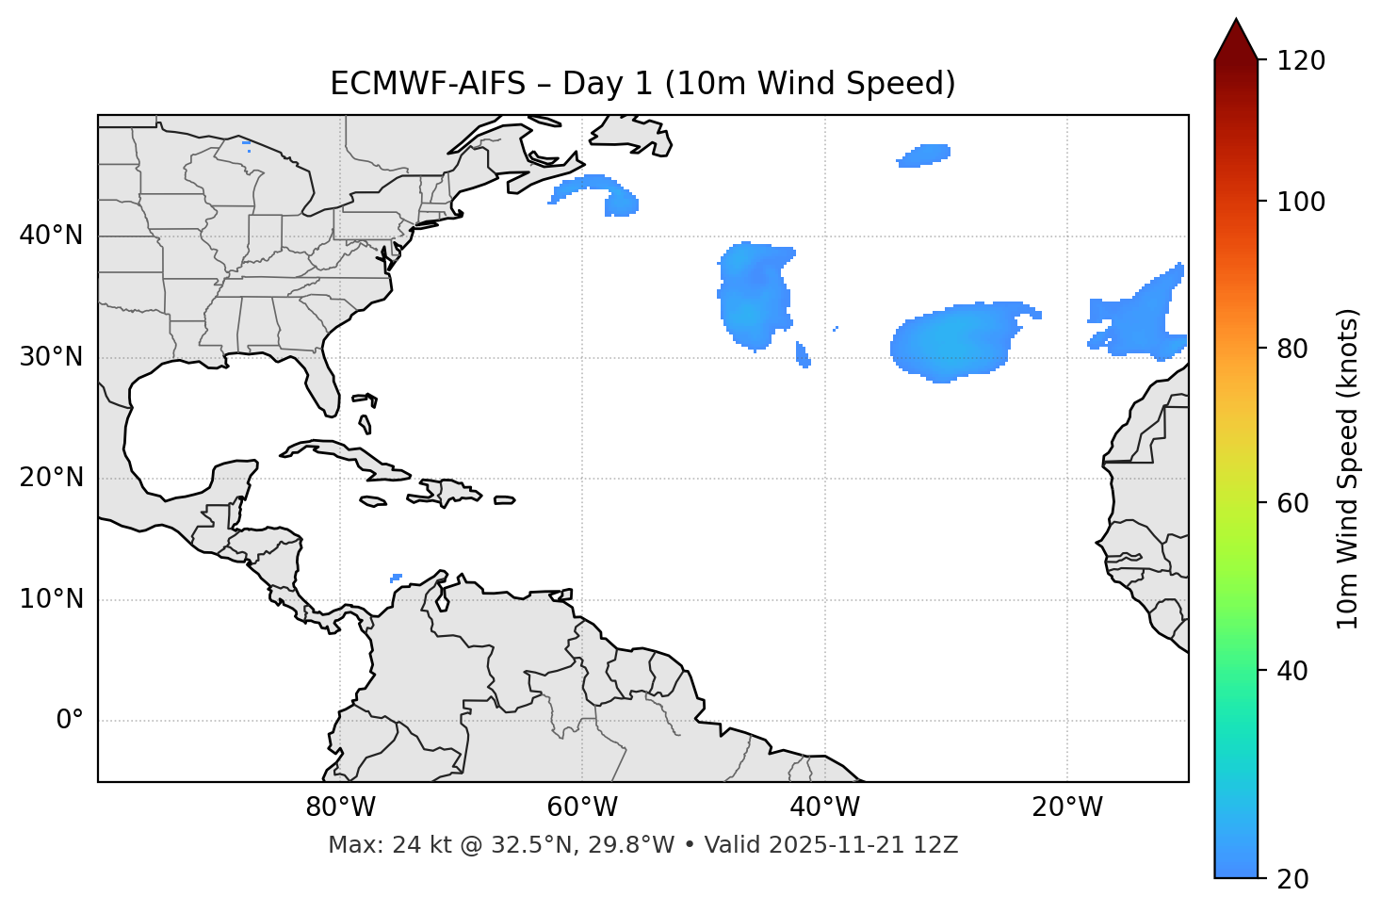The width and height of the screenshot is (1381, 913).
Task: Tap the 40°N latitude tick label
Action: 51,236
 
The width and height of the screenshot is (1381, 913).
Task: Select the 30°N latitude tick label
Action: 51,357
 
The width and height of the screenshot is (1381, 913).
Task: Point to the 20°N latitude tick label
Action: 51,478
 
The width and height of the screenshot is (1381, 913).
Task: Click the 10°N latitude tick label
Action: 51,599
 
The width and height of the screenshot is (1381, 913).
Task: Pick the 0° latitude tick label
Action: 69,721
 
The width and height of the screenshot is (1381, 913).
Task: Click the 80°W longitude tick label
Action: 340,807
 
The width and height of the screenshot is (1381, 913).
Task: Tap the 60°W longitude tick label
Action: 582,807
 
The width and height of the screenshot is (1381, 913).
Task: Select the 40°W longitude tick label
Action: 824,807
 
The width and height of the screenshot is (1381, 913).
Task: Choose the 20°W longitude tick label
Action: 1066,807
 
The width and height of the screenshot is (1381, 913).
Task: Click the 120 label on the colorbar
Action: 1301,61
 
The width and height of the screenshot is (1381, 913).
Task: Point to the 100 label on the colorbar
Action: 1301,202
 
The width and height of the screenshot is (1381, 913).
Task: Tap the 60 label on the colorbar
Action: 1292,503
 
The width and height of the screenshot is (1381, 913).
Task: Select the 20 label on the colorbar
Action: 1292,879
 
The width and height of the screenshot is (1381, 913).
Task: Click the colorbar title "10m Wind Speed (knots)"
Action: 1348,468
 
